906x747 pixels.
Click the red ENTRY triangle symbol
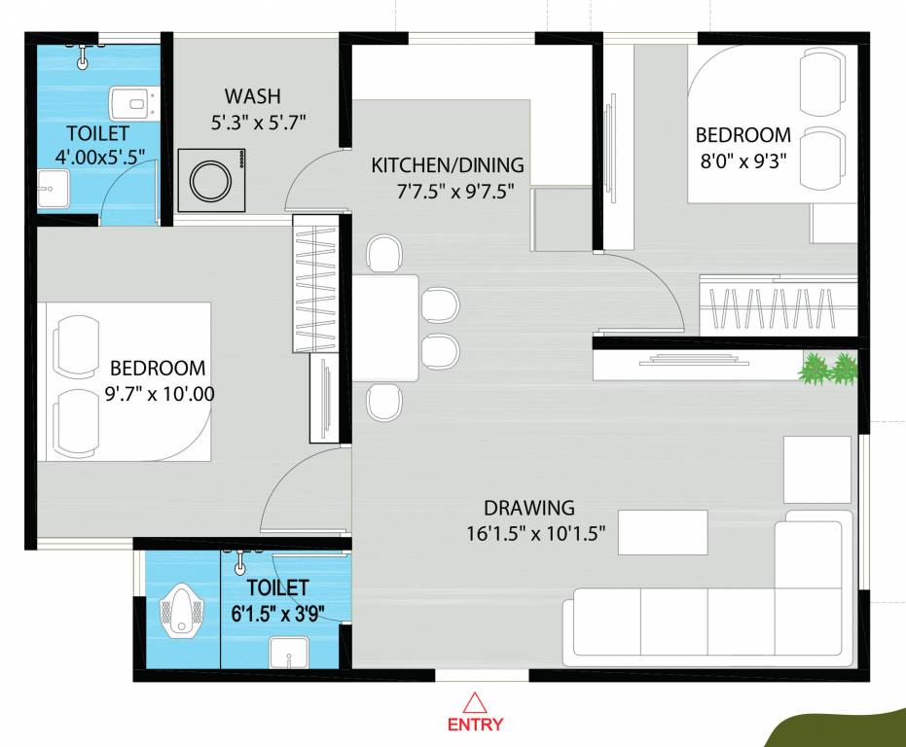pyautogui.click(x=475, y=702)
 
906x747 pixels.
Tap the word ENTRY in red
pyautogui.click(x=475, y=725)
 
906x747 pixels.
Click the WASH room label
pyautogui.click(x=252, y=96)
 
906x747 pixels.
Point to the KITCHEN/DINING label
pyautogui.click(x=447, y=165)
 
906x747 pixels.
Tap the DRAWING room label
pyautogui.click(x=529, y=508)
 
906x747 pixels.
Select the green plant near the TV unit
pyautogui.click(x=828, y=369)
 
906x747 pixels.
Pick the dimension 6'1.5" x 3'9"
pyautogui.click(x=279, y=613)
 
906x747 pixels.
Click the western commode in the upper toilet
pyautogui.click(x=128, y=101)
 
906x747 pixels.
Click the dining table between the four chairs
pyautogui.click(x=385, y=328)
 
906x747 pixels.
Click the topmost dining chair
pyautogui.click(x=384, y=255)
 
